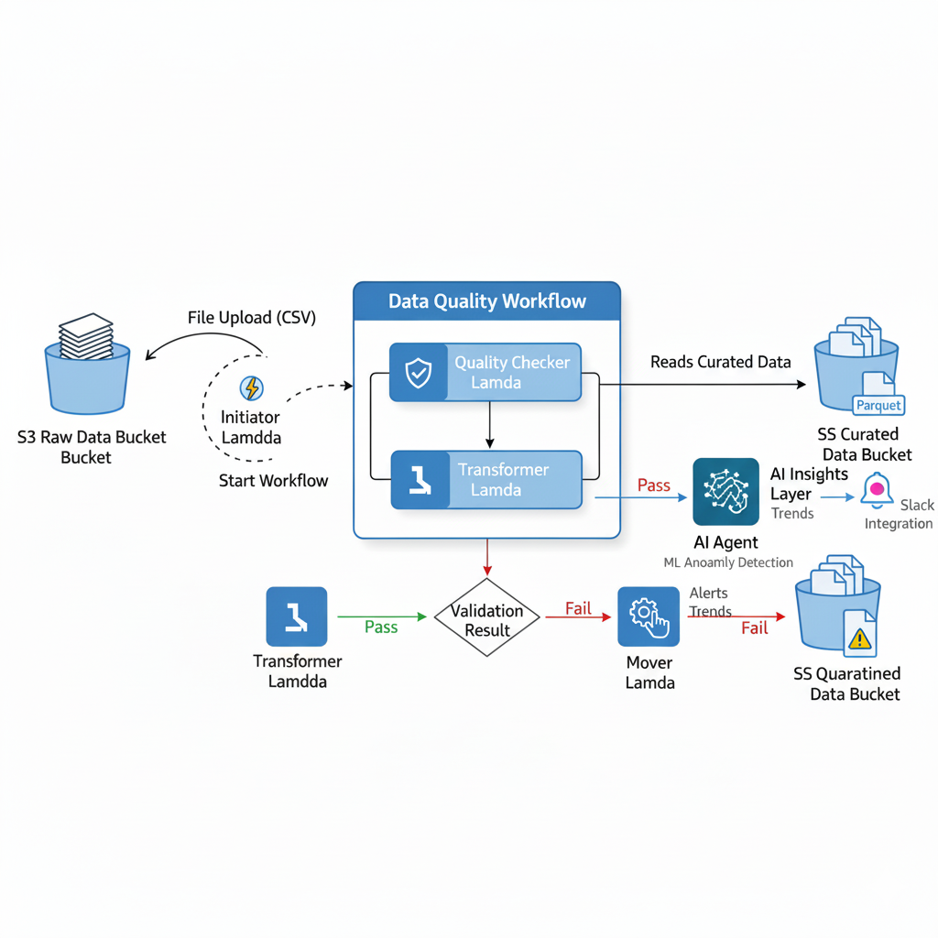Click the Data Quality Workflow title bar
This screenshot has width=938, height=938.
486,301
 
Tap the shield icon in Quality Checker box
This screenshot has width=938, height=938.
419,373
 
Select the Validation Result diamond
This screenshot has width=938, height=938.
486,618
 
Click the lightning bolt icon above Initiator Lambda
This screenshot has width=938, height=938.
251,387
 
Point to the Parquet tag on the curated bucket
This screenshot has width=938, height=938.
878,405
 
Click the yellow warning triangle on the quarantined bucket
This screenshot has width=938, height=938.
859,638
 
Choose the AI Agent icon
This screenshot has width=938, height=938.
725,492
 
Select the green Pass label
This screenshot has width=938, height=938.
381,627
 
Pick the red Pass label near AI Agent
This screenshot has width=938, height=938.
653,485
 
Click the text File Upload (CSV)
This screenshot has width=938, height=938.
251,318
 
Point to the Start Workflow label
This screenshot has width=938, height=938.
273,480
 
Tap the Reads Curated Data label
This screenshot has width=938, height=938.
720,362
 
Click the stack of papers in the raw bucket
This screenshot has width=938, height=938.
86,336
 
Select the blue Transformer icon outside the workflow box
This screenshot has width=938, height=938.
296,616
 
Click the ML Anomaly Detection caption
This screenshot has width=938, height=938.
728,562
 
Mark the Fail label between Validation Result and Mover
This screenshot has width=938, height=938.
577,608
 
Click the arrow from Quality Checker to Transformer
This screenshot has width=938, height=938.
490,425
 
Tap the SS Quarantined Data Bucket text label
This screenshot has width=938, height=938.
847,683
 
